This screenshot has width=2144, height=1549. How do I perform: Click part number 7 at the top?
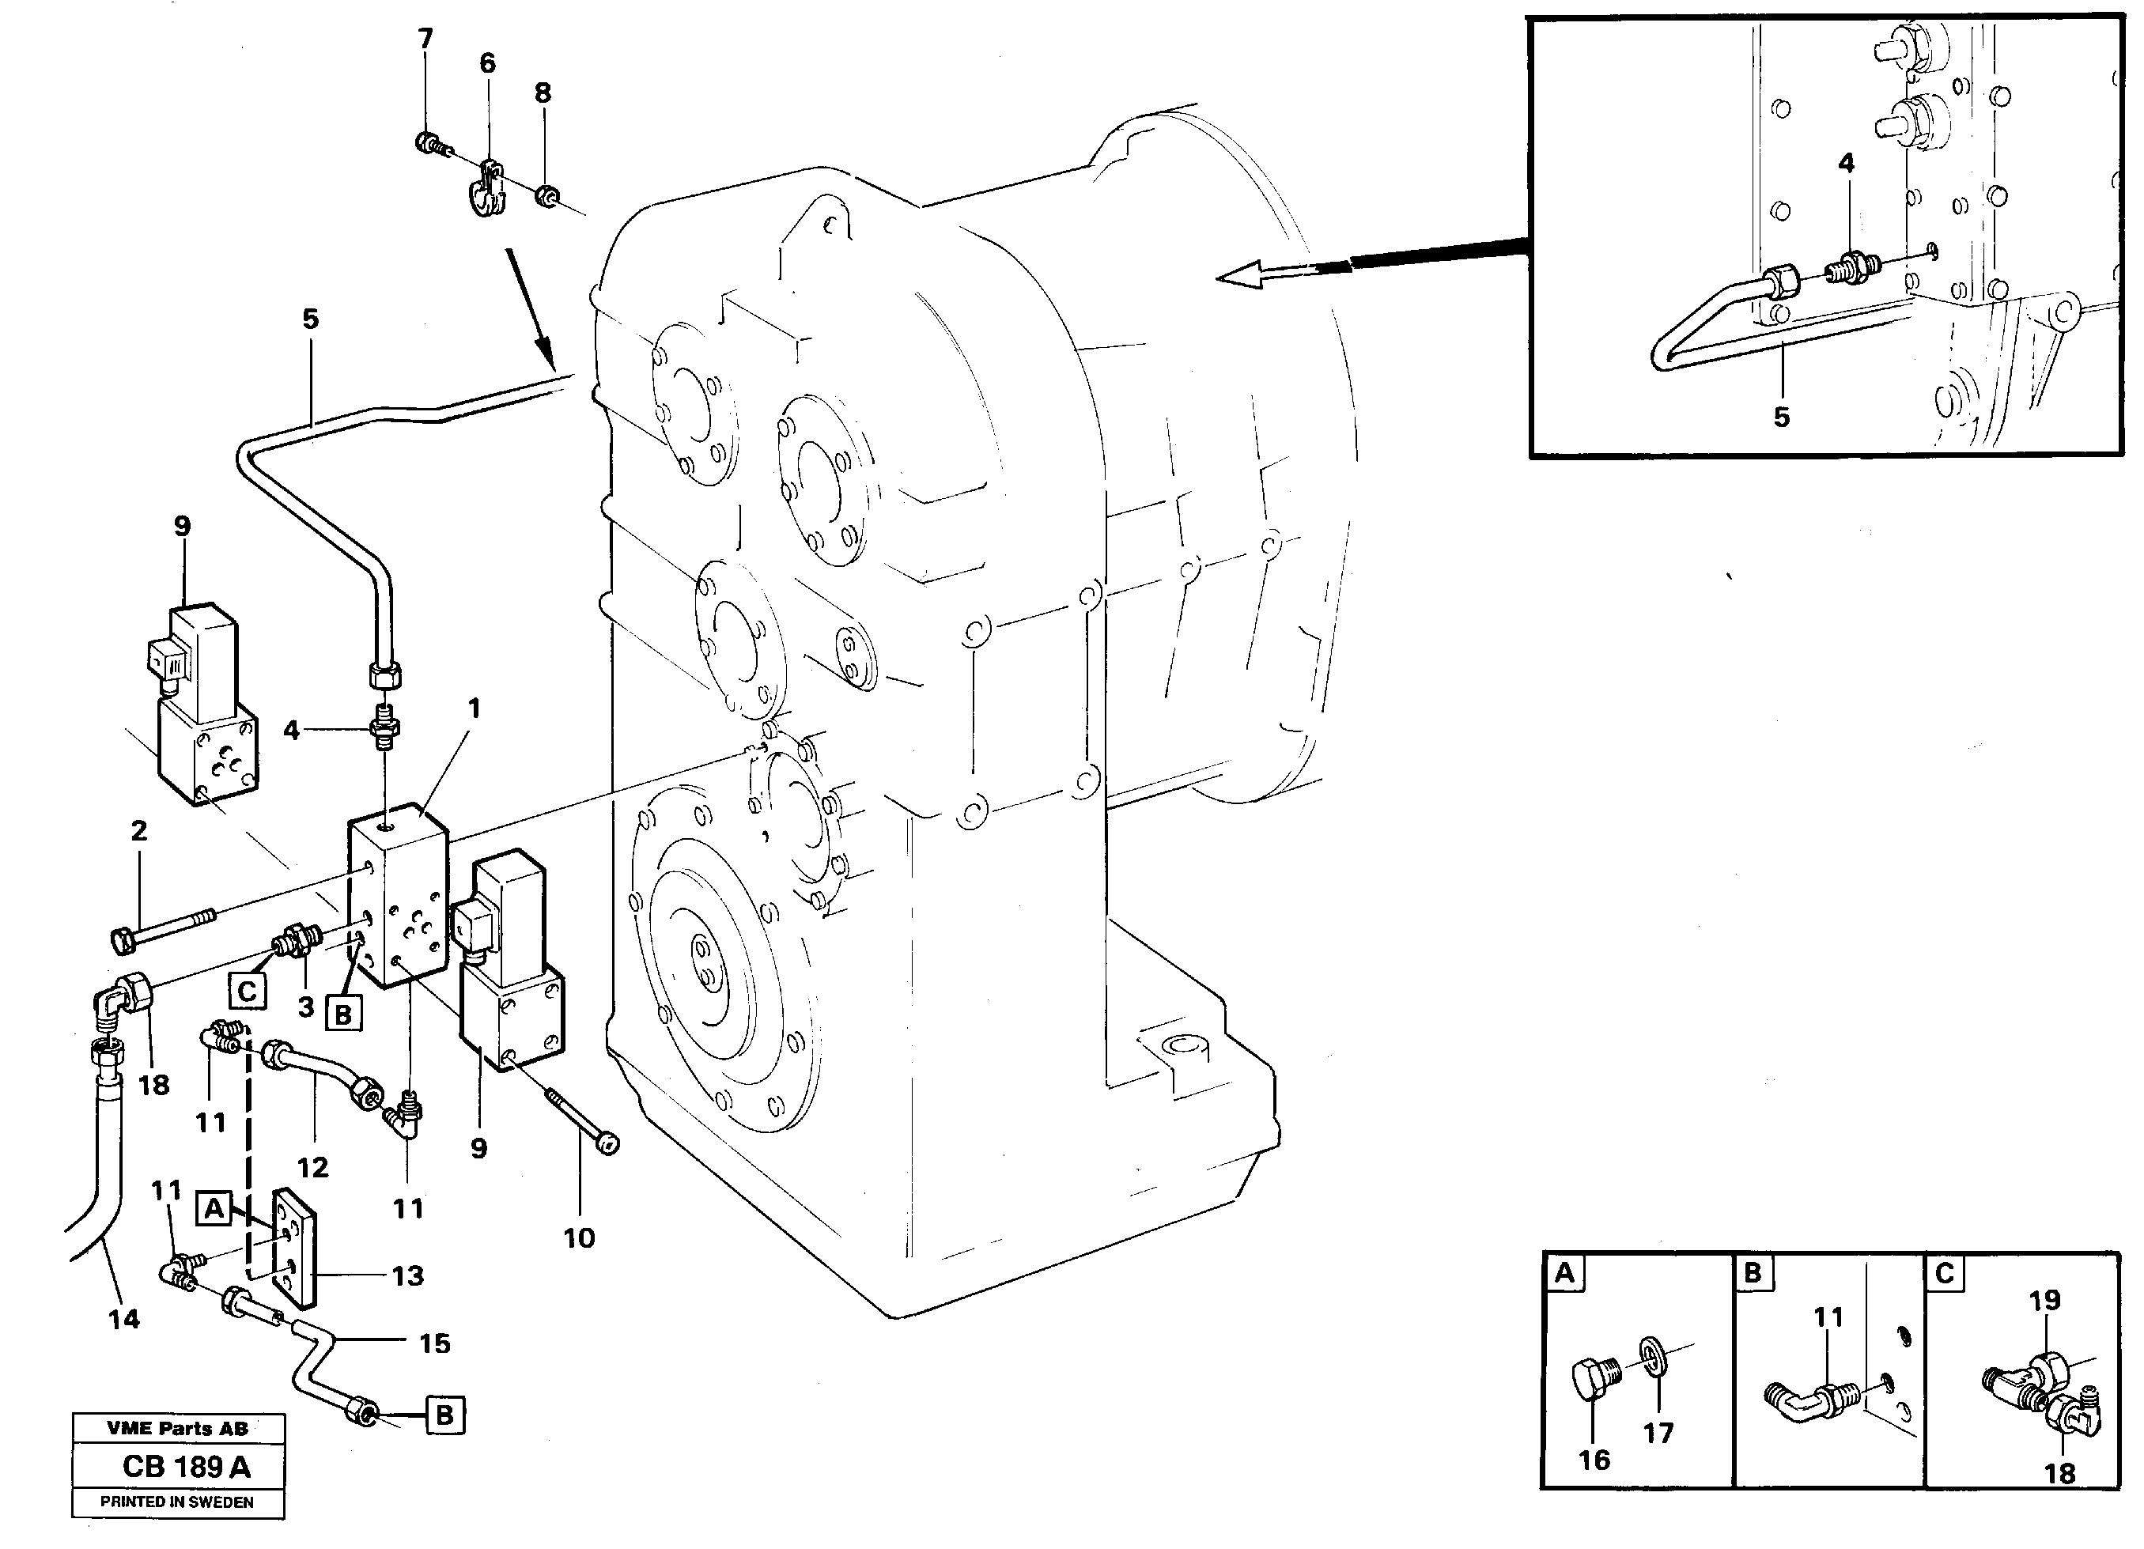425,39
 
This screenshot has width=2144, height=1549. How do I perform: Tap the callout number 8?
543,93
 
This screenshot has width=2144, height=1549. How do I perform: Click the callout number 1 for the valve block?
475,708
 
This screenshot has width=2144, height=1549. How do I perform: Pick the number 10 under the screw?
579,1237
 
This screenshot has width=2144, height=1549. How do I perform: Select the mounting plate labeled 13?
293,1248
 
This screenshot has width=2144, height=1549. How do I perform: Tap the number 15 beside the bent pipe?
434,1343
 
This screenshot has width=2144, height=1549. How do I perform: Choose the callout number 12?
313,1167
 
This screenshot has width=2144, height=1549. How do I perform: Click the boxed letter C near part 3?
247,992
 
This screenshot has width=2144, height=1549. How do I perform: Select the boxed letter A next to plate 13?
214,1209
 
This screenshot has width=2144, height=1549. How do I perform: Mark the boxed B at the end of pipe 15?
444,1415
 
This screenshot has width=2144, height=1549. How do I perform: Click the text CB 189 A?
186,1467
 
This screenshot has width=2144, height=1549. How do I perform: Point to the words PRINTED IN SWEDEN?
177,1502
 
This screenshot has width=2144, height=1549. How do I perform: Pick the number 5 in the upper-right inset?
1781,417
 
